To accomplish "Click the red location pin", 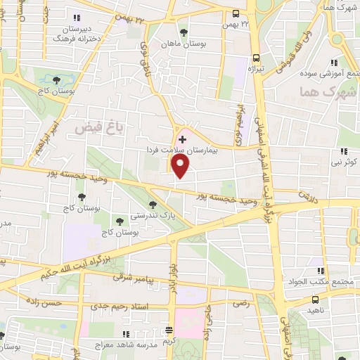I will point(181,165).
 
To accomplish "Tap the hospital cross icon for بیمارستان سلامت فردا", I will point(183,139).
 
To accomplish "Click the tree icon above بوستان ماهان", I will point(184,32).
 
